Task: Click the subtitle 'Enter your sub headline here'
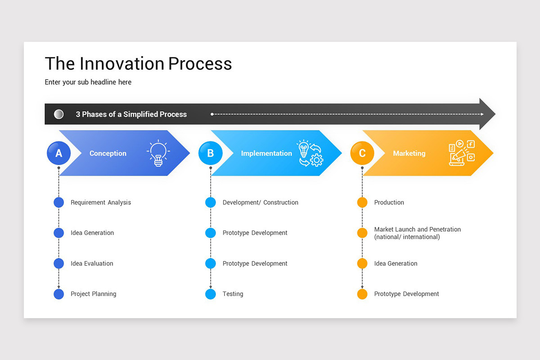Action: click(x=88, y=82)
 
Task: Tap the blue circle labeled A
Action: click(x=58, y=153)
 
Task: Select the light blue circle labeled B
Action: click(x=210, y=153)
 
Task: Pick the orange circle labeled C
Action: click(x=362, y=153)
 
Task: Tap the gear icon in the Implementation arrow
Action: click(x=317, y=160)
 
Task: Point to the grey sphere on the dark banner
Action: click(x=58, y=114)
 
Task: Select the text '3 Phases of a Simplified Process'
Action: click(x=131, y=114)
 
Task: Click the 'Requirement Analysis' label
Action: click(x=101, y=202)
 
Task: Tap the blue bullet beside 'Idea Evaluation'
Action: click(x=58, y=263)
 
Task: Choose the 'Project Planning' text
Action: click(x=93, y=294)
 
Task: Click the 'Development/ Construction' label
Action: click(x=260, y=202)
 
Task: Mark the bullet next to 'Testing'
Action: click(x=210, y=294)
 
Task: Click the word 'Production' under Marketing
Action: click(x=389, y=202)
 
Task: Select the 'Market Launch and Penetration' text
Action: click(x=417, y=229)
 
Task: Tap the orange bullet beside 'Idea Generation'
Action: click(x=362, y=263)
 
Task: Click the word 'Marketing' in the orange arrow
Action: click(x=409, y=153)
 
